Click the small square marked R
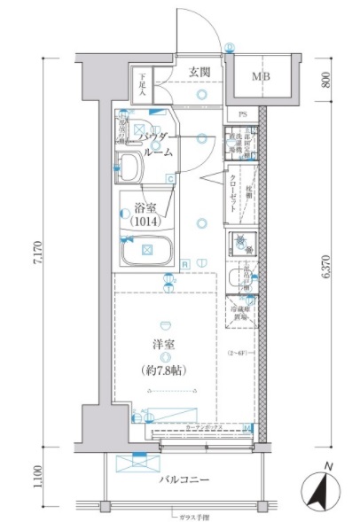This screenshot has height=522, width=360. tap(184, 263)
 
